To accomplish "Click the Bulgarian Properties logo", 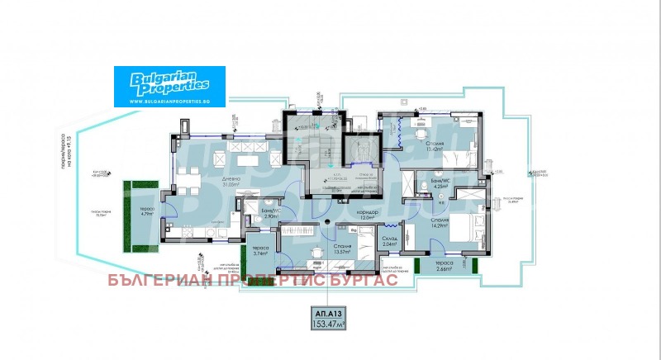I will (x=162, y=81).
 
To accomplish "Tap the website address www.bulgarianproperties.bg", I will (x=162, y=100).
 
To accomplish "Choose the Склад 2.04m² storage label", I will (x=388, y=241).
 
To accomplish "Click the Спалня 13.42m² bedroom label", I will (x=435, y=147).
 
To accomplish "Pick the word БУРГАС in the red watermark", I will (x=365, y=280).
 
